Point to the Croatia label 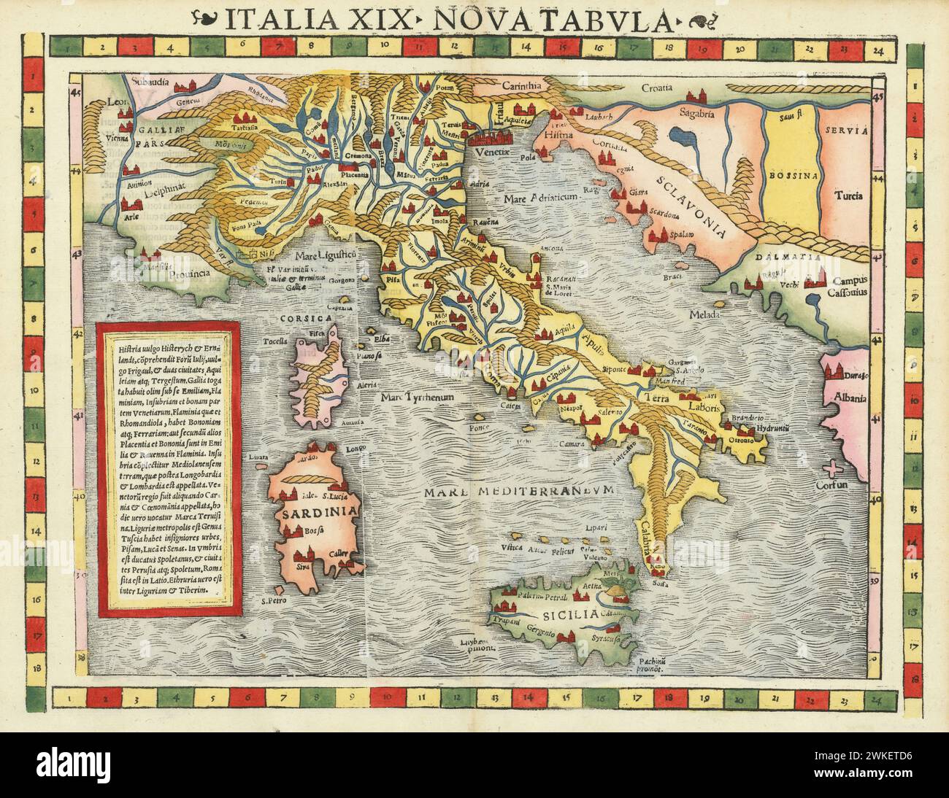[x=658, y=93]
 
